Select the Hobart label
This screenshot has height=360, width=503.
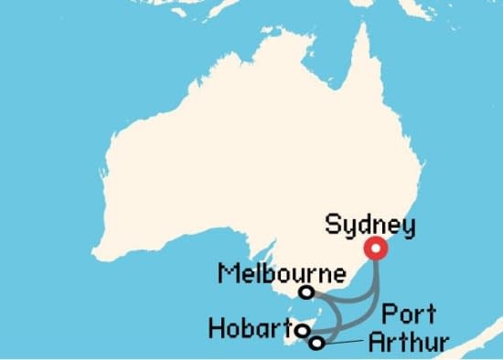[249, 327]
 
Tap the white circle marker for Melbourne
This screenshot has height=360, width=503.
[307, 292]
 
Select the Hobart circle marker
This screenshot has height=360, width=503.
[302, 331]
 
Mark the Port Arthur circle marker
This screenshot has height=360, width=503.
[316, 344]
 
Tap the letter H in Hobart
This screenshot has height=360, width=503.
[216, 327]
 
